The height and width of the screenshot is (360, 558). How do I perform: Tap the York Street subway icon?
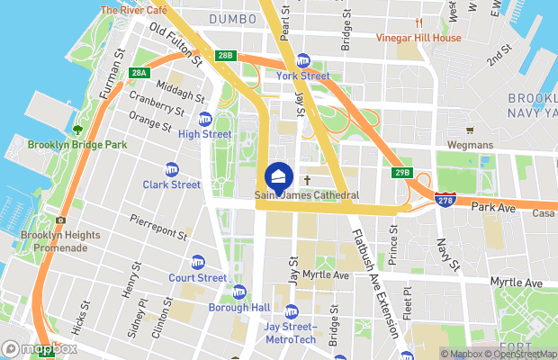click(303, 61)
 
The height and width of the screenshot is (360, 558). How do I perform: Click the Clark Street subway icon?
click(172, 169)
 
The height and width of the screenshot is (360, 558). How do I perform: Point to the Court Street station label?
click(197, 278)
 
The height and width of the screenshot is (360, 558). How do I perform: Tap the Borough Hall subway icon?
click(238, 292)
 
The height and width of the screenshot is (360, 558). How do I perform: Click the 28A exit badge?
click(139, 73)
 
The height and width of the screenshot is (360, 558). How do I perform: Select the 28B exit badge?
click(225, 56)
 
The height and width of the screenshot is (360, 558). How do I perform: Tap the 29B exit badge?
click(402, 172)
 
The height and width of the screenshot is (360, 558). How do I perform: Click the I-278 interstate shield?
click(443, 201)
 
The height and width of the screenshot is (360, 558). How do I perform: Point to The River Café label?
click(134, 10)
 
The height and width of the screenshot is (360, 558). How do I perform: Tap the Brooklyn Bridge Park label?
click(76, 144)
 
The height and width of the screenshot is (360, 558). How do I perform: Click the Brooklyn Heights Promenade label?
click(54, 242)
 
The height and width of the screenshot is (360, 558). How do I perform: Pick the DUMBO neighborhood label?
click(232, 18)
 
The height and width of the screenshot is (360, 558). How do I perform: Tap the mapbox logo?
click(40, 348)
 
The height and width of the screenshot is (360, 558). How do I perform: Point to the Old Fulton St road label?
click(176, 45)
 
